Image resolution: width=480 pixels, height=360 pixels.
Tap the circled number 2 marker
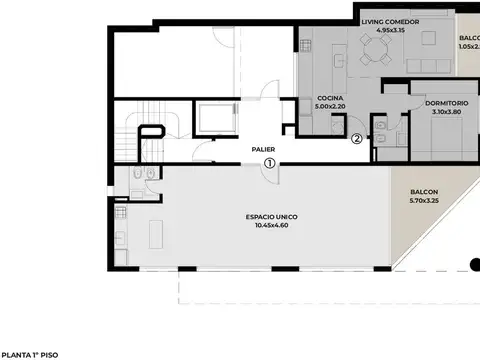[357, 139]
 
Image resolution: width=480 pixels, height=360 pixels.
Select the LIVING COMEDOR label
[389, 22]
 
